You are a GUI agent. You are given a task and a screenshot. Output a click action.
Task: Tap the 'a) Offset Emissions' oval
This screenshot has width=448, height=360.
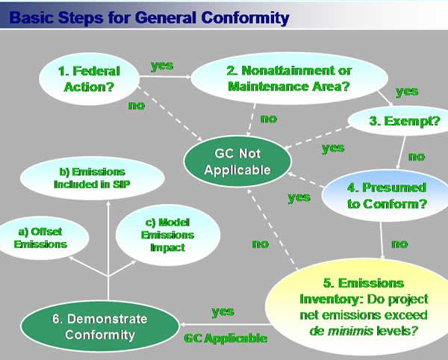40,238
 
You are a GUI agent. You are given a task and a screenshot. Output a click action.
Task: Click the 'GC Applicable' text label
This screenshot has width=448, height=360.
225,338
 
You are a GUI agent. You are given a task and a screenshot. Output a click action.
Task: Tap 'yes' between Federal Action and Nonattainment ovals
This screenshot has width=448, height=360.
162,66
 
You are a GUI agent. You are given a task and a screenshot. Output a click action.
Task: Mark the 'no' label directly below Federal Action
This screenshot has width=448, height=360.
136,105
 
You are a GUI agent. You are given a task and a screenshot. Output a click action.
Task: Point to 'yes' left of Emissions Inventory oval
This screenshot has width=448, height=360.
223,311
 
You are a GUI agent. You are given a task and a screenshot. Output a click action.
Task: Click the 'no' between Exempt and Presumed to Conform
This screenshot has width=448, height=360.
416,157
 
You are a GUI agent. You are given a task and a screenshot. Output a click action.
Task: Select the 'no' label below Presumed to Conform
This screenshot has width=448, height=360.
399,243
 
